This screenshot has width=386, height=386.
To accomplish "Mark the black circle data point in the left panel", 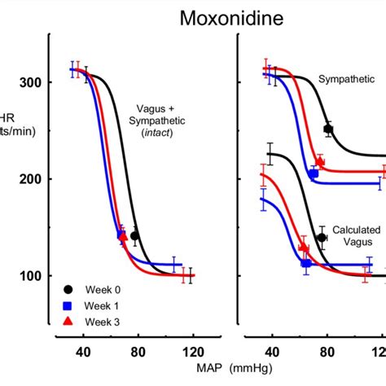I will [x=135, y=236].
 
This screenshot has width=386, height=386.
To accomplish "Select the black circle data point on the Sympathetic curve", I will [x=328, y=129].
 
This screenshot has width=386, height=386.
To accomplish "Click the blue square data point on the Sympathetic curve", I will [x=314, y=173].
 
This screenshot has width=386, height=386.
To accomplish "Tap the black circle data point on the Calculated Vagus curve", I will [x=322, y=238].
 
